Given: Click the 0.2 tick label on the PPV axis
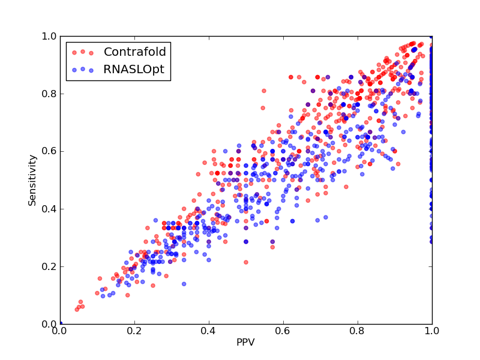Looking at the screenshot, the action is [x=134, y=331].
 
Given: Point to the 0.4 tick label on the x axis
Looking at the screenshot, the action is [x=209, y=331].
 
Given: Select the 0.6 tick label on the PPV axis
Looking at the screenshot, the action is [x=283, y=331].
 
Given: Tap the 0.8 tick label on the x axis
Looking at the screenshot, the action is [x=358, y=331].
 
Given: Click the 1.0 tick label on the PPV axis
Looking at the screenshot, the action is [x=432, y=331].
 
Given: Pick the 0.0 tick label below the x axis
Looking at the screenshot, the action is [x=61, y=331].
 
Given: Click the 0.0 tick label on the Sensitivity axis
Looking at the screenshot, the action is [x=49, y=324].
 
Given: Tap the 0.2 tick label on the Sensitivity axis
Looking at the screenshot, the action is [x=49, y=266].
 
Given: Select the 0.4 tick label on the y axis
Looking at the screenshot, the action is [x=49, y=209].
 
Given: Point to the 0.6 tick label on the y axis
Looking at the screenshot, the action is [x=49, y=151].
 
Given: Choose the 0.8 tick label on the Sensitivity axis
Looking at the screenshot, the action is [x=49, y=94].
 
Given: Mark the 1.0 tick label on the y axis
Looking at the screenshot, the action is [x=49, y=36].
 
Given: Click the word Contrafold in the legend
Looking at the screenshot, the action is [x=134, y=52].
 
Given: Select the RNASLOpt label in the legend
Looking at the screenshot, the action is [x=134, y=70].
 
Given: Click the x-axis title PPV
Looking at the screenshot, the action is [x=245, y=342].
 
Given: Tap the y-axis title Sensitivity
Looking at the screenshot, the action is [x=32, y=181].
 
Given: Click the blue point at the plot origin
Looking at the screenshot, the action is [x=61, y=323].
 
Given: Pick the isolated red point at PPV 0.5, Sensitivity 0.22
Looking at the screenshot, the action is [x=246, y=262].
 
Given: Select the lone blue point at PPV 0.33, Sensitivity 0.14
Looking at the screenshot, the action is [x=184, y=284].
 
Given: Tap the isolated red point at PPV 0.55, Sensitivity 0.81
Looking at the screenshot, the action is [x=264, y=91].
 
